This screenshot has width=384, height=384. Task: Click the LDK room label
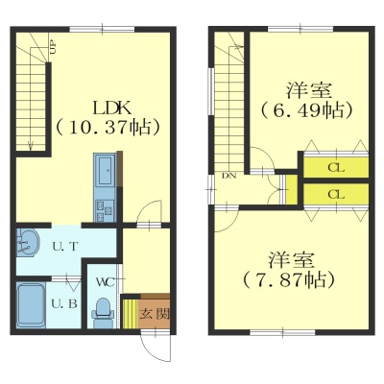point(111,108)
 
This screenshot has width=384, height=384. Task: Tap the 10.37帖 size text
point(108,128)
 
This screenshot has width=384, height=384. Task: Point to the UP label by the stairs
point(53,47)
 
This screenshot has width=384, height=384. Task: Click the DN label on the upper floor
point(229,176)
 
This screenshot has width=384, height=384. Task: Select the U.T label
point(65,247)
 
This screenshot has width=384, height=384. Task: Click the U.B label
point(64,303)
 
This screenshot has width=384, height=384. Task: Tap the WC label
point(106,282)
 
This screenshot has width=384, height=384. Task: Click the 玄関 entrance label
point(154,315)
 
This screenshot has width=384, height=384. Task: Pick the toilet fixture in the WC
point(103,313)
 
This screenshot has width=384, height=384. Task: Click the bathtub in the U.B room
point(31,305)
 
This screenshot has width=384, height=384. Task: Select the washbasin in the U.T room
point(28,242)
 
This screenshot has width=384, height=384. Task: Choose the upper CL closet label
point(336,168)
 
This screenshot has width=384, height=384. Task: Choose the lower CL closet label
point(336,194)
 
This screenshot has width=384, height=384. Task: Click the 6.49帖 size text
point(307,110)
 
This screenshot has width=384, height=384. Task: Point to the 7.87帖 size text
point(289,280)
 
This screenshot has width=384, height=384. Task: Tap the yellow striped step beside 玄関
point(131,314)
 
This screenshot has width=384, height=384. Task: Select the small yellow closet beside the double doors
point(291,189)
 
